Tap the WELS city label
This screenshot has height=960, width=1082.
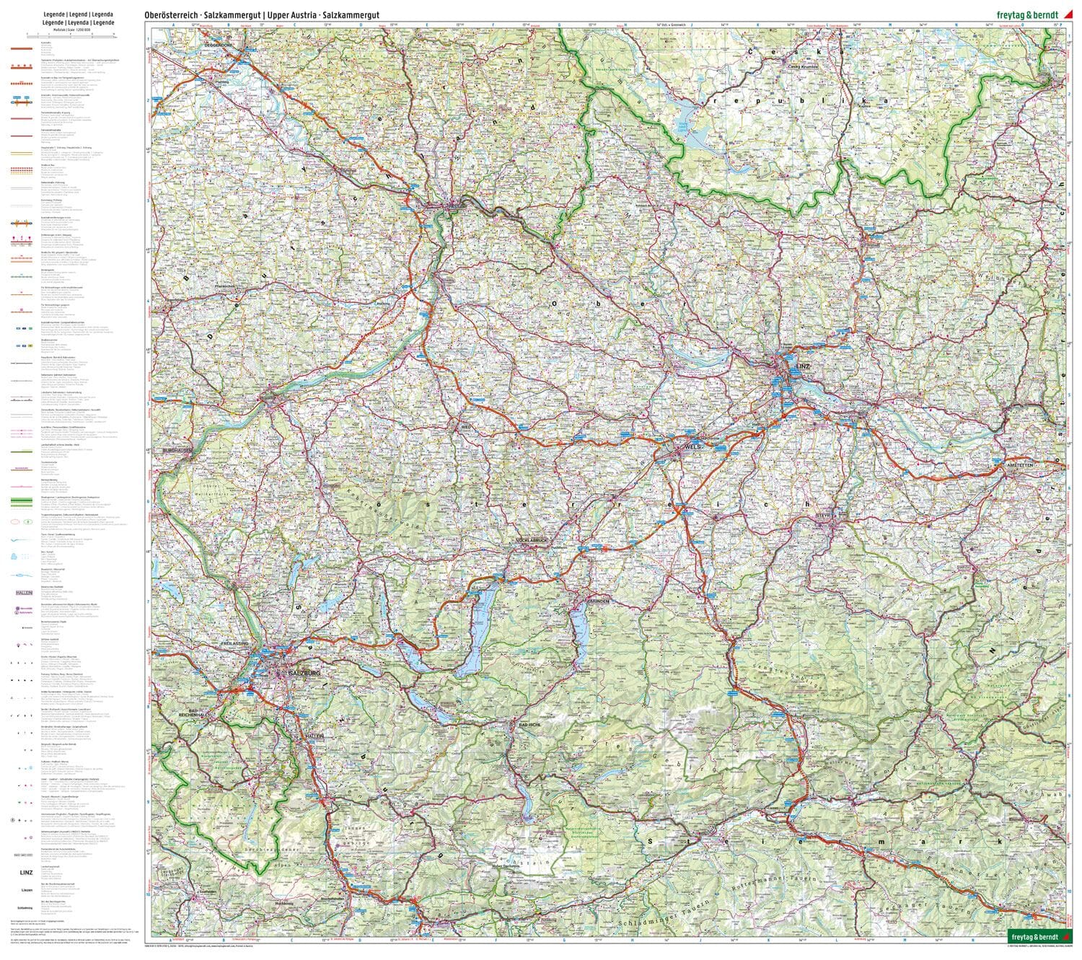click(x=693, y=447)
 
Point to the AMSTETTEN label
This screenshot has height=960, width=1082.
click(x=1021, y=467)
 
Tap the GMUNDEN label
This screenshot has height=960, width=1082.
click(x=598, y=601)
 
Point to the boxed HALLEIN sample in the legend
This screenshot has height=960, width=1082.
click(x=25, y=592)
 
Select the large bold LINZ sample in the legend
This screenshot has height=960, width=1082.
click(x=23, y=873)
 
